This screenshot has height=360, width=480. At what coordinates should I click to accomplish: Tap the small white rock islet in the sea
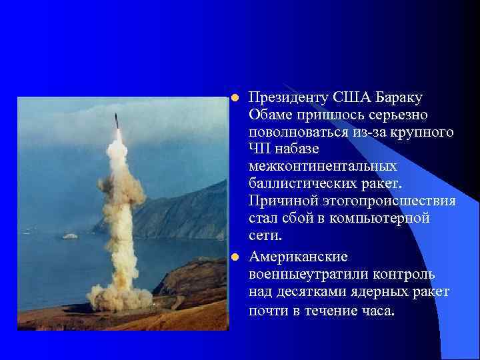click(69, 236)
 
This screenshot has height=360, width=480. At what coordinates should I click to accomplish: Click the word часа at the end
click(376, 311)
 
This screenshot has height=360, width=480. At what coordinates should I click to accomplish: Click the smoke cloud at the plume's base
click(120, 297)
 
